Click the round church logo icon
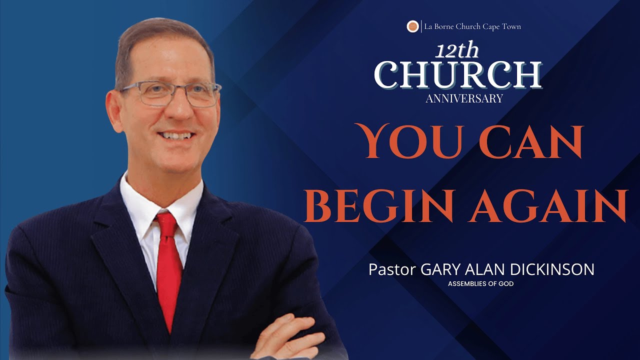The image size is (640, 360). [412, 26]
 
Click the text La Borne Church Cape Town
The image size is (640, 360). [472, 26]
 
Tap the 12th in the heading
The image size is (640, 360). [456, 51]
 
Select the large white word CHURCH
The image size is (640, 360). [457, 75]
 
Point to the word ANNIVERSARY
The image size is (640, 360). [464, 98]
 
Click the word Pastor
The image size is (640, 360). [392, 269]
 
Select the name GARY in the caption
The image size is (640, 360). [438, 269]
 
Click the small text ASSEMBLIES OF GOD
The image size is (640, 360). [481, 284]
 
